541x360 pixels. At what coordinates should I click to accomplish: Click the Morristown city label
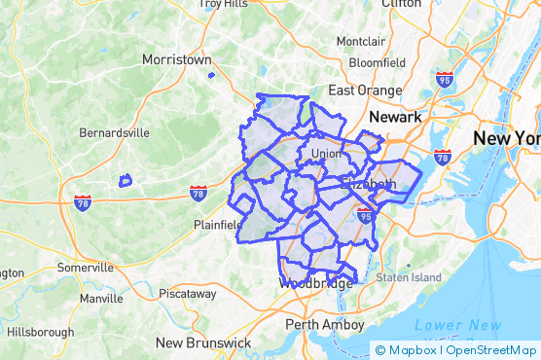point(176,59)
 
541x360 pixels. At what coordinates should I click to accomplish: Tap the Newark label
point(395,117)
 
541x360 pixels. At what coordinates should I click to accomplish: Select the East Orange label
point(365,90)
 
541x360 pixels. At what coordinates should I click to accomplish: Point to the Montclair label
point(361,42)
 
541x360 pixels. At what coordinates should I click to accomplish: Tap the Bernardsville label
point(114,131)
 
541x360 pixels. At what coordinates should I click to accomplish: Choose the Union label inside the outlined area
point(326,154)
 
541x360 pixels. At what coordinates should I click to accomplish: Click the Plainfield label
point(218,225)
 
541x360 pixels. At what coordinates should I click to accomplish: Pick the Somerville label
point(86,268)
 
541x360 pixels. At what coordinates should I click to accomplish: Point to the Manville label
point(102,299)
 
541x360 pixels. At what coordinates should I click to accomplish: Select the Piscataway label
point(188,293)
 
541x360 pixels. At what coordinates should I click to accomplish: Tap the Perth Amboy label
point(325,324)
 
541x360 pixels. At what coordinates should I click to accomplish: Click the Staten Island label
point(409,277)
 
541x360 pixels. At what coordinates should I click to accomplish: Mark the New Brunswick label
point(203,343)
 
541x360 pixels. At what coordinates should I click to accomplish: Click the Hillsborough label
point(40,332)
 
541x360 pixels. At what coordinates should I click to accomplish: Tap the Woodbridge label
point(315,284)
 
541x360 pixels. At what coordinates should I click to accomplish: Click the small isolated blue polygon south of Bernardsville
point(125,180)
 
